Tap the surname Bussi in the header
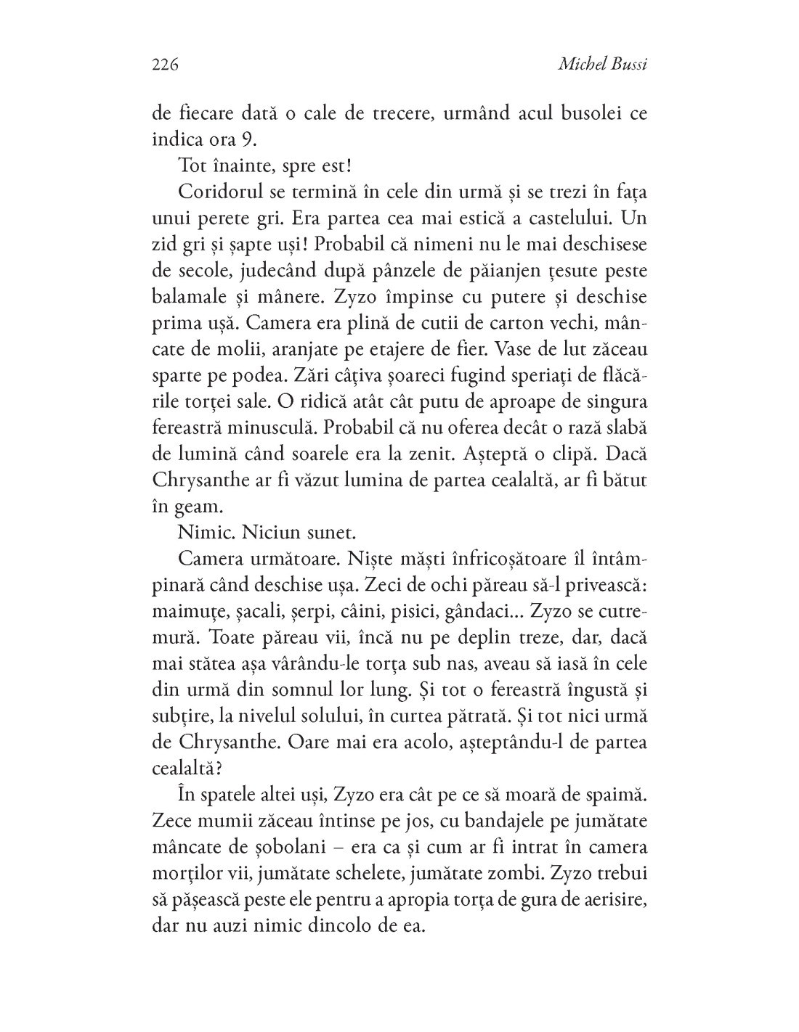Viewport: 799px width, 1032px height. point(627,65)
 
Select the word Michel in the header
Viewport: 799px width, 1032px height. point(581,65)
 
